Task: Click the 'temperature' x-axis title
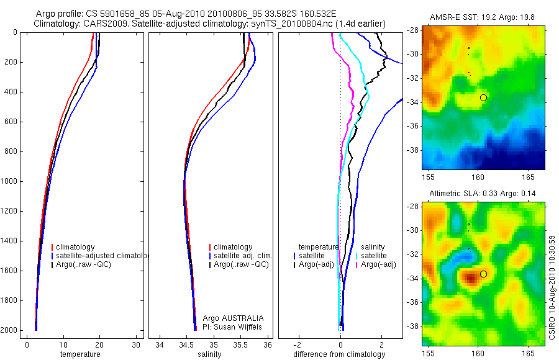[80, 354]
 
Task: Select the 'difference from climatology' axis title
[340, 354]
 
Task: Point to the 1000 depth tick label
[9, 182]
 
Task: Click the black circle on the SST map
[484, 97]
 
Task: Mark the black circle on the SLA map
[484, 274]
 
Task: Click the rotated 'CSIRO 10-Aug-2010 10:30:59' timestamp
[553, 286]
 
